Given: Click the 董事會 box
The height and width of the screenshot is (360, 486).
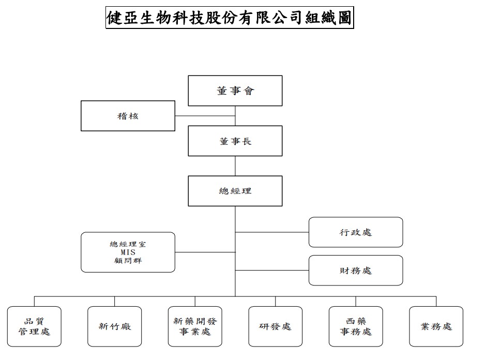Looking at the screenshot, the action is point(235,91).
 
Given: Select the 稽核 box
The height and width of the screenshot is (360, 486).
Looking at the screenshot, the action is point(128,116).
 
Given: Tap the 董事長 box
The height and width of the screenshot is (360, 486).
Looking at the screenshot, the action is point(235,141).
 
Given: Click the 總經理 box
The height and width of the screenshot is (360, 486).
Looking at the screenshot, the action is point(235,191).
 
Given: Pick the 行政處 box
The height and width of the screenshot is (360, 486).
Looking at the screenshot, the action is point(356,232).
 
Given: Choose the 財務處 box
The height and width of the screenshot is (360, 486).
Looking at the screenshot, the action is point(356,270).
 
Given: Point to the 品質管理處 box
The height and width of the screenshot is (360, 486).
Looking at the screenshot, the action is point(34,326).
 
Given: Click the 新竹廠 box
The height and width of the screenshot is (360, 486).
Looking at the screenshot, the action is point(114,326).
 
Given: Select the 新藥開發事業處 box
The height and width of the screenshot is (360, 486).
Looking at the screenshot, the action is point(195,326).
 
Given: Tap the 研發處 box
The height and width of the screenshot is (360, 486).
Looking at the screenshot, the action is point(275,326).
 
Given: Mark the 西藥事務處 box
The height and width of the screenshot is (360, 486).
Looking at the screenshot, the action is point(356,326).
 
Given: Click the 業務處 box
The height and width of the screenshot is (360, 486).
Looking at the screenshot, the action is point(436,326).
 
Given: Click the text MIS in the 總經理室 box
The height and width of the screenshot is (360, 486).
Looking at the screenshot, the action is point(128,252).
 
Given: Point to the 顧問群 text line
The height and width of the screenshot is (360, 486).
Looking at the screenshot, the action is point(128,261).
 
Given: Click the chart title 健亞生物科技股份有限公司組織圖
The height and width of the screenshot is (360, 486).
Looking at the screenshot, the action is point(230,18).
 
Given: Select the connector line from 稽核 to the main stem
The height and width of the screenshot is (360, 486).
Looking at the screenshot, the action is point(205,116).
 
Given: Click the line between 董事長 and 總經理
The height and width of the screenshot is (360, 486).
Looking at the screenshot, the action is point(235,166).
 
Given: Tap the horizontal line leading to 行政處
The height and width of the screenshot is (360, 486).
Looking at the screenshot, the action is point(272,232).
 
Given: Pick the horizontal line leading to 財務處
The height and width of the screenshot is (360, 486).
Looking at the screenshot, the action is point(272,271).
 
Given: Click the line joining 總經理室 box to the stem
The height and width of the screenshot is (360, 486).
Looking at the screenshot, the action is point(205,252).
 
